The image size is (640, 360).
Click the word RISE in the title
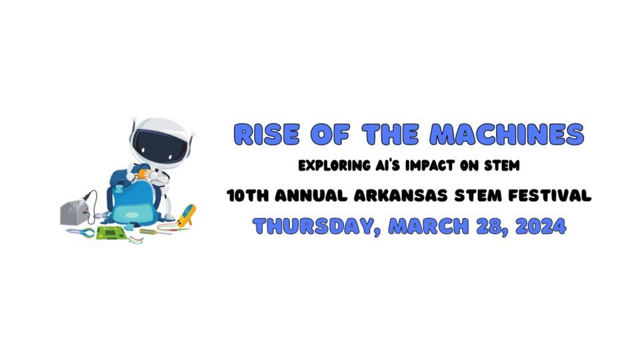[x=267, y=134]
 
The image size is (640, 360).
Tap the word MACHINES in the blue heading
[x=507, y=134]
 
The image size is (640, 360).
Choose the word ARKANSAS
[x=401, y=195]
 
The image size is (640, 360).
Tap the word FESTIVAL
[x=550, y=195]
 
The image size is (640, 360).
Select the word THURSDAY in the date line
[x=317, y=226]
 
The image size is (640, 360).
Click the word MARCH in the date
[x=429, y=226]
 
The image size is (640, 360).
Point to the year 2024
[x=541, y=226]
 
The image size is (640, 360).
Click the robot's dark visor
[x=159, y=145]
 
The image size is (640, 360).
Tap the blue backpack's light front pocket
[x=131, y=215]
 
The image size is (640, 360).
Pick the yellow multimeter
[x=187, y=215]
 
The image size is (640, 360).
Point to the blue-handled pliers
[x=81, y=233]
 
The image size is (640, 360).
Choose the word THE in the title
[x=390, y=134]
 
